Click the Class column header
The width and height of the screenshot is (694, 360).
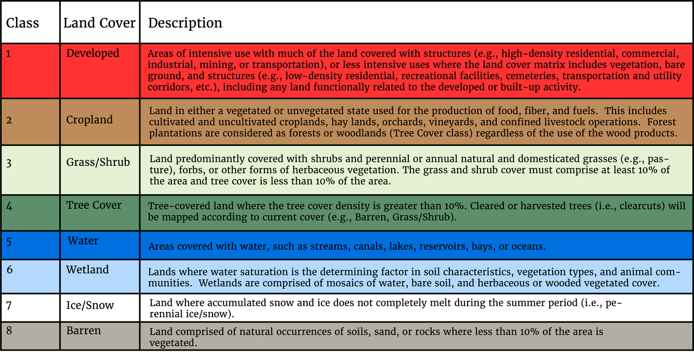coord(22,23)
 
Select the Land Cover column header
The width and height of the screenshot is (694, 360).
coord(99,23)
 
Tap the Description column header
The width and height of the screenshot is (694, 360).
coord(185,23)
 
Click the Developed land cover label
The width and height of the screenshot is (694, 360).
coord(92,54)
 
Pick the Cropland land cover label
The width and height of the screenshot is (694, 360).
coord(89,120)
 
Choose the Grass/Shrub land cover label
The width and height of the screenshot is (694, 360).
coord(98,162)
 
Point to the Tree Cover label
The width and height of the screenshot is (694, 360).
coord(94,205)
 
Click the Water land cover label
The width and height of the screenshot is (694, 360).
coord(83,241)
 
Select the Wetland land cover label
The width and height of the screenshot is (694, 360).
coord(87,270)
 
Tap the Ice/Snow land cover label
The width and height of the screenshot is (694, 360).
coord(90,305)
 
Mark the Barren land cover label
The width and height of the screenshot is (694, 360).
coord(84,331)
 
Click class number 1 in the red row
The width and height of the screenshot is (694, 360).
coord(9,54)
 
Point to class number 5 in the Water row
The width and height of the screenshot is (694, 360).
coord(9,241)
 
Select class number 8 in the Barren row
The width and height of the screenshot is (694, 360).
coord(9,331)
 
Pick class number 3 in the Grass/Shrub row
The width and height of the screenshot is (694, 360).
coord(9,163)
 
